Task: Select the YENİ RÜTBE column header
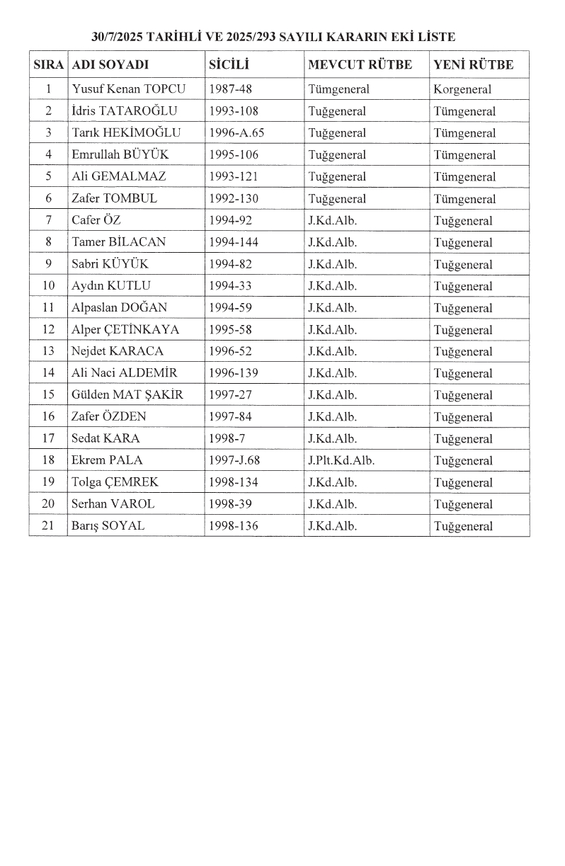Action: tap(473, 65)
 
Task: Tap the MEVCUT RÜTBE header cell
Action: tap(360, 65)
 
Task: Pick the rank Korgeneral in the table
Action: tap(462, 89)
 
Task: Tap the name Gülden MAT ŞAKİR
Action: tap(127, 395)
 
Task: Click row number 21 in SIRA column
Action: tap(48, 526)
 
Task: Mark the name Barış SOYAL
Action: tap(108, 526)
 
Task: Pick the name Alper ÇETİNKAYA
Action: tap(125, 330)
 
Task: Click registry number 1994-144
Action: tap(234, 242)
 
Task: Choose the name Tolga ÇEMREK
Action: tap(115, 482)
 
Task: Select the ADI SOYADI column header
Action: tap(110, 65)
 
